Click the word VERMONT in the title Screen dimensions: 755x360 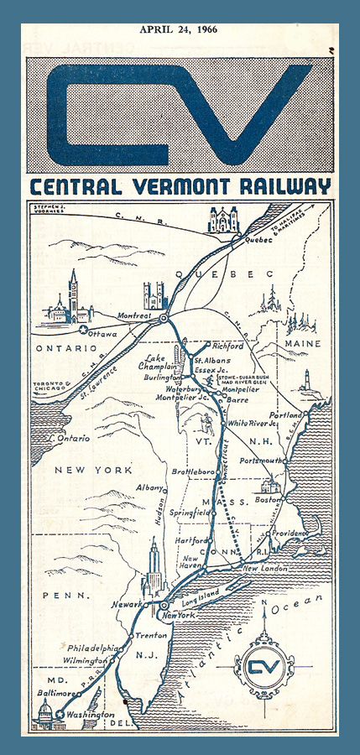click(x=174, y=186)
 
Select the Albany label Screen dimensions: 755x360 click(x=150, y=487)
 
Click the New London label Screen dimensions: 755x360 click(x=262, y=569)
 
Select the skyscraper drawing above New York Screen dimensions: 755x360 click(x=154, y=569)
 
